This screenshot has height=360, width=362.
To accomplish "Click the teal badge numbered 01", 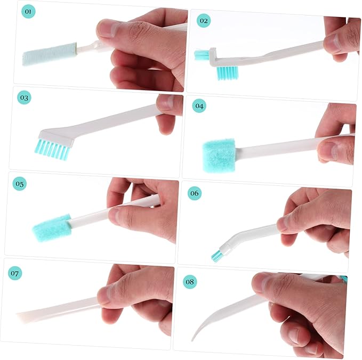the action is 28,11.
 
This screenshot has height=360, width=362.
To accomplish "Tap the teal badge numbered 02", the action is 204,21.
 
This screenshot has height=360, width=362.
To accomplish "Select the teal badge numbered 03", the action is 24,97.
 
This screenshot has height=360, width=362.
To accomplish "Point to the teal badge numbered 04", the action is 199,105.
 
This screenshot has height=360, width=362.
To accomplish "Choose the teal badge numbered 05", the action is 20,184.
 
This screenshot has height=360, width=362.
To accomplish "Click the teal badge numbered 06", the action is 195,193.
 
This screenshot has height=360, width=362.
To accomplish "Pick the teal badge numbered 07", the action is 15,273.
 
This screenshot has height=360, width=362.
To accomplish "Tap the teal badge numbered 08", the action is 190,282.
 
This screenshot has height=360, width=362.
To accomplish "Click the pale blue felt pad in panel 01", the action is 50,53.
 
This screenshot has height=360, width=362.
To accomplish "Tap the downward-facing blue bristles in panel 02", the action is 228,72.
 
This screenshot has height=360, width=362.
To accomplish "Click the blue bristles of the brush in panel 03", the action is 53,149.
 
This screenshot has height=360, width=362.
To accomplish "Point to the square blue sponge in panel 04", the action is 219,156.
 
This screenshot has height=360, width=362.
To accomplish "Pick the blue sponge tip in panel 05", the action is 52,228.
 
